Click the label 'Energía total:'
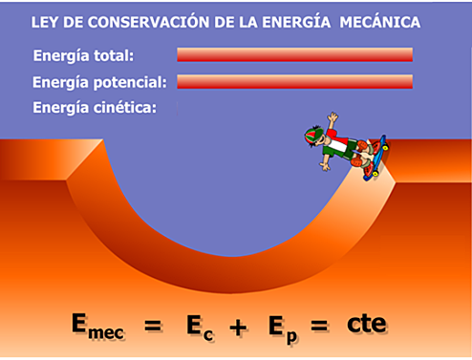83,55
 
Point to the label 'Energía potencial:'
99,82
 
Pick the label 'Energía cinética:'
94,108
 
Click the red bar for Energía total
294,54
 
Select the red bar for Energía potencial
294,81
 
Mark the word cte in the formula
367,324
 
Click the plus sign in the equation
238,326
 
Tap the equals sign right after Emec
152,326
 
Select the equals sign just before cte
320,326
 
